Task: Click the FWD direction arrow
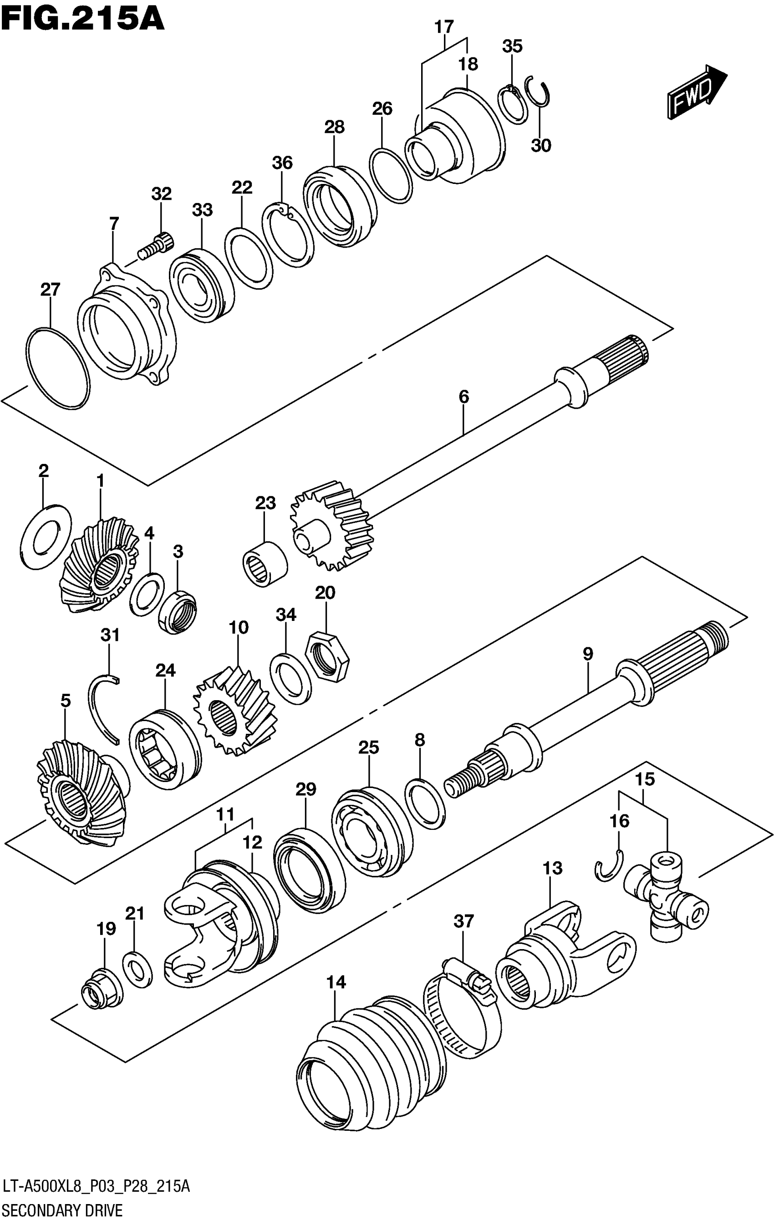[696, 92]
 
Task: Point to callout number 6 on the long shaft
[463, 396]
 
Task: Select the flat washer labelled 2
[46, 536]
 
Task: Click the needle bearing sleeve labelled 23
[264, 564]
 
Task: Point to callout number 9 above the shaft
[588, 654]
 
